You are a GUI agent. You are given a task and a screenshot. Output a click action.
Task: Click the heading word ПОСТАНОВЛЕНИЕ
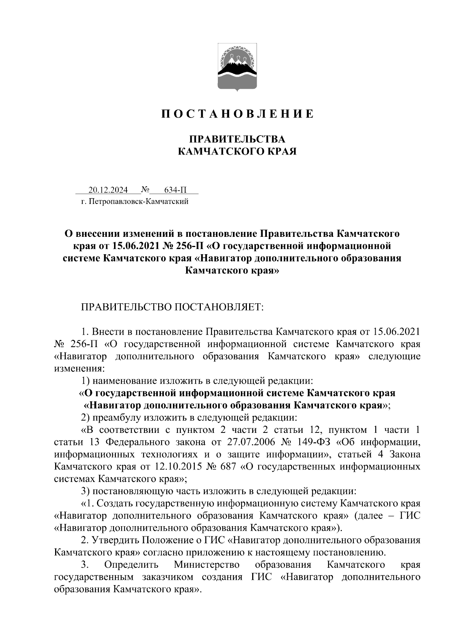click(237, 114)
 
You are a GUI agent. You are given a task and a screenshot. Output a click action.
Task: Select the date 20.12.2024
click(108, 190)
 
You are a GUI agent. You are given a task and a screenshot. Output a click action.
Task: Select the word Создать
click(115, 504)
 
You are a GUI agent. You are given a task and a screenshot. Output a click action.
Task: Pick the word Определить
click(131, 565)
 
